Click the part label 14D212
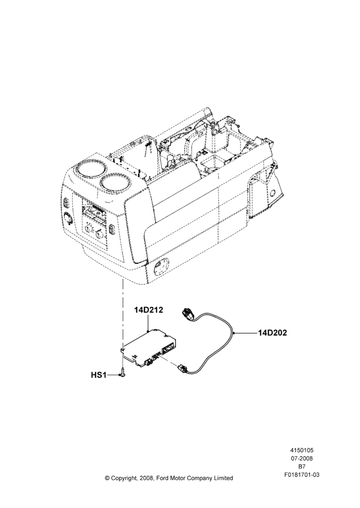(x=148, y=310)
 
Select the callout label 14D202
(x=273, y=333)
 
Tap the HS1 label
(x=99, y=375)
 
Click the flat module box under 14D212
(x=149, y=348)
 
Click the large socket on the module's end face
(x=168, y=350)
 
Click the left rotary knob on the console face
(x=89, y=229)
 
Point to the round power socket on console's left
(x=68, y=218)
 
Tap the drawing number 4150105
(x=302, y=450)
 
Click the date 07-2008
(x=302, y=458)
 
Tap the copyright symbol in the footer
(x=107, y=478)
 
